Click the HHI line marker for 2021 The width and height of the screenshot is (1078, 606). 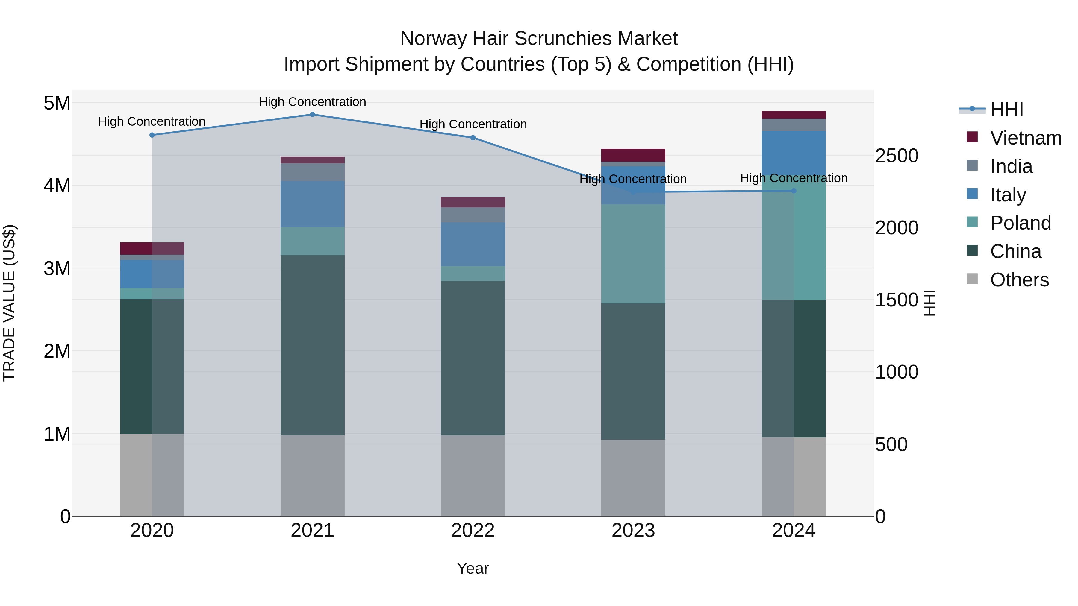[x=312, y=115]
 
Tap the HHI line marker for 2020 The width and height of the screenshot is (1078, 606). [x=152, y=135]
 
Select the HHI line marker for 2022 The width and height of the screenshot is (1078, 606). [x=473, y=138]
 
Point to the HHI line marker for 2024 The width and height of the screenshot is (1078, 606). [x=794, y=191]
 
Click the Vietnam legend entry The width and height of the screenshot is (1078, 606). [x=1025, y=138]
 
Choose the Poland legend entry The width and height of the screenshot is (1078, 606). [x=1020, y=223]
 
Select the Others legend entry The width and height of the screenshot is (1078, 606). [x=1019, y=280]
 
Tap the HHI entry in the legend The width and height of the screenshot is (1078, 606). [x=1006, y=110]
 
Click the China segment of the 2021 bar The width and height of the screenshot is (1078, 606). [x=312, y=345]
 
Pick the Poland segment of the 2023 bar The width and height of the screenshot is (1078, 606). [x=633, y=254]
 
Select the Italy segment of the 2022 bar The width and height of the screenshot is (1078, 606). [x=473, y=244]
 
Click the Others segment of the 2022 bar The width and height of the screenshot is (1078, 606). [x=473, y=476]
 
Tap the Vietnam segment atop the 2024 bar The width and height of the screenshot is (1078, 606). [x=794, y=115]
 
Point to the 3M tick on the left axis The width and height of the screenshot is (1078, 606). [x=57, y=268]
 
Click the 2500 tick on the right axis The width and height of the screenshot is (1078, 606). [x=897, y=156]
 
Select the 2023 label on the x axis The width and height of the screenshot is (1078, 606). [x=633, y=531]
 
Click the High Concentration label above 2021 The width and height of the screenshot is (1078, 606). [x=312, y=102]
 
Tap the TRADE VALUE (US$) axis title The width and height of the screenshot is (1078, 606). [x=9, y=303]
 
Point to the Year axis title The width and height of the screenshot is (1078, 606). [x=473, y=568]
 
